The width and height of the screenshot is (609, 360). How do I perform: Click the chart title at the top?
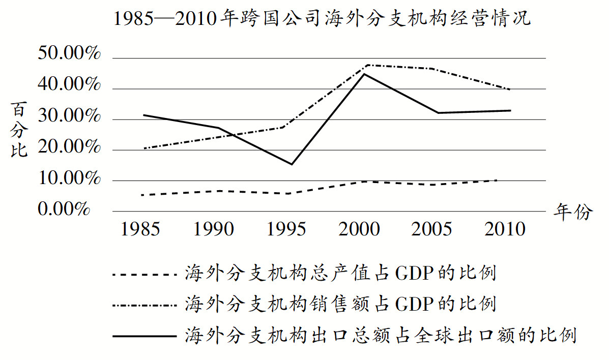(322, 20)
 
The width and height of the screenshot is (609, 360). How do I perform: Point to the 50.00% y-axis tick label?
(70, 54)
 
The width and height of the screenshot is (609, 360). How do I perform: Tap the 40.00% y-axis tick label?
(70, 85)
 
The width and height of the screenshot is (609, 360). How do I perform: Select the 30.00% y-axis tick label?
(70, 116)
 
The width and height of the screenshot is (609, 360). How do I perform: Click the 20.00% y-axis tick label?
(70, 147)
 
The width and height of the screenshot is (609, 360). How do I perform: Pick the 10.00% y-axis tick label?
(70, 178)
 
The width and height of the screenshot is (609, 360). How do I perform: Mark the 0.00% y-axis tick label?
(64, 208)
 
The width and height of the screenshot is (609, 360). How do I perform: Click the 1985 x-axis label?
(140, 229)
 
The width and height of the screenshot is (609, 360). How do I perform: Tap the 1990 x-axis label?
(214, 229)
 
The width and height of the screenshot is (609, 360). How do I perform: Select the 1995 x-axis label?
(287, 229)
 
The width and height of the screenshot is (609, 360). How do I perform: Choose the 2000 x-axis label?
(360, 229)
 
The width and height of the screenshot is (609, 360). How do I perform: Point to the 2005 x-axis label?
(432, 229)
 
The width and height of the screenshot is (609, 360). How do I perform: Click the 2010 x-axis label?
(505, 229)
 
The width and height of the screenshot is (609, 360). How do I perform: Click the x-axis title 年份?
(572, 212)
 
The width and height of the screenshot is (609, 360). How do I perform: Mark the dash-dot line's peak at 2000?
(365, 65)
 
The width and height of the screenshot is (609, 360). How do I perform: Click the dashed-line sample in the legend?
(144, 275)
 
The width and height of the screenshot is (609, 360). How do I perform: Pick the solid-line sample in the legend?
(144, 336)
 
